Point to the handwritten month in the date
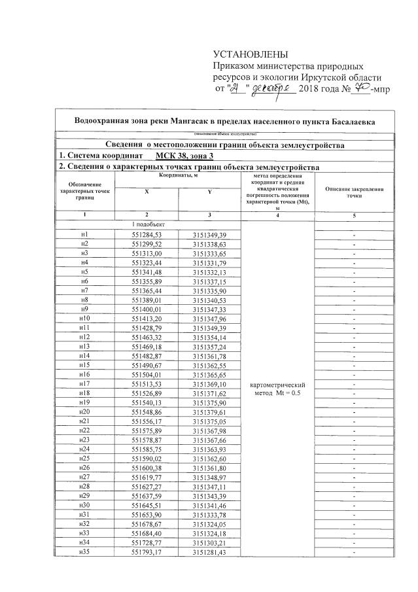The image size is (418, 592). click(x=269, y=88)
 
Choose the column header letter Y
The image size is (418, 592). click(x=209, y=192)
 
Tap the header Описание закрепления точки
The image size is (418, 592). click(x=355, y=192)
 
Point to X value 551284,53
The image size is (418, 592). click(x=147, y=234)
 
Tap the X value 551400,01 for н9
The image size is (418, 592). click(x=147, y=309)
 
